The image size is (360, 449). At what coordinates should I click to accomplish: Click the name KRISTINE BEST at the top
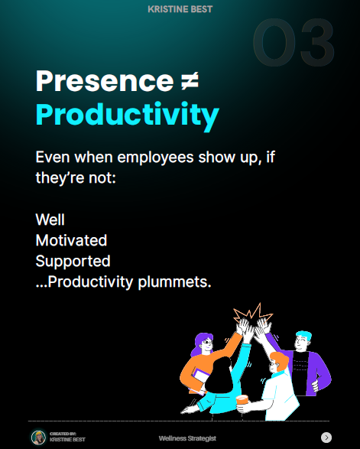click(x=180, y=9)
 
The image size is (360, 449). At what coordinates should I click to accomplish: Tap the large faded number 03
click(x=294, y=42)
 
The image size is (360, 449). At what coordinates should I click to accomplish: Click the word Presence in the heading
click(x=105, y=81)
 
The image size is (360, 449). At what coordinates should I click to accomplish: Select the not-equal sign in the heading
click(x=190, y=81)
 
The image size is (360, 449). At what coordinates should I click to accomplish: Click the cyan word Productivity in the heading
click(x=128, y=115)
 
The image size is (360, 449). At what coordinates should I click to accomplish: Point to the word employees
click(x=155, y=158)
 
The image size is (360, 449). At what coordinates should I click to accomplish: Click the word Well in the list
click(x=50, y=220)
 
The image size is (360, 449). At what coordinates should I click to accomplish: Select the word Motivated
click(x=71, y=240)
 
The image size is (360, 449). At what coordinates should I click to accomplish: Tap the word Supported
click(x=73, y=261)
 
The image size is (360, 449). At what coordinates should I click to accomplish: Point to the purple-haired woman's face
click(x=206, y=344)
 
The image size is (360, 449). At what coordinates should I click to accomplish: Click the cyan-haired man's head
click(x=303, y=340)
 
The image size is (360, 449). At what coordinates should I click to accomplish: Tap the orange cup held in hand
click(x=242, y=400)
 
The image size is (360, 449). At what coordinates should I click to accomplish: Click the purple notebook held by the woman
click(x=199, y=379)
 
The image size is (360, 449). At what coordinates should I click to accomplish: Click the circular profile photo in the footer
click(x=38, y=438)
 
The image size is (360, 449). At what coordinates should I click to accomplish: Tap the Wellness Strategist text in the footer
click(x=187, y=438)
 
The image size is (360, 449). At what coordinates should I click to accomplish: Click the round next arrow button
click(x=326, y=438)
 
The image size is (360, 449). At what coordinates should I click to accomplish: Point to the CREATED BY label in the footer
click(x=63, y=434)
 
